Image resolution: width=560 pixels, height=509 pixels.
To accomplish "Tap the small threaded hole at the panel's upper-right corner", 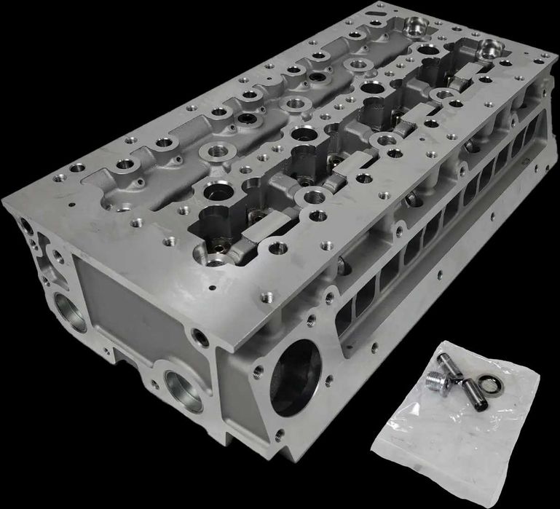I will (x=199, y=336).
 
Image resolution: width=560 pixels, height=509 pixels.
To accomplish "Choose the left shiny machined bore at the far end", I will (x=419, y=27).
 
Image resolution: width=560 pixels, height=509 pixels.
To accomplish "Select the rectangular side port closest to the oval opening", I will (x=362, y=305).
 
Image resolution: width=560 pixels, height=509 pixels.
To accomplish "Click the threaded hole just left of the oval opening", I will (x=257, y=371).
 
